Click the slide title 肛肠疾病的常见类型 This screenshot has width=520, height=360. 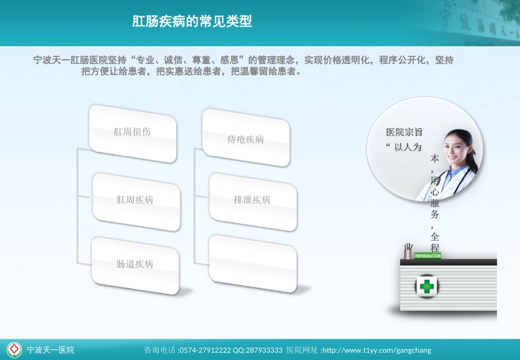pyautogui.click(x=192, y=21)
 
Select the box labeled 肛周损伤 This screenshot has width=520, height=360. pyautogui.click(x=132, y=132)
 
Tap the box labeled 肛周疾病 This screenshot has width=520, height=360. pyautogui.click(x=135, y=200)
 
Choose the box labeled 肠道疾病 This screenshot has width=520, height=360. pyautogui.click(x=135, y=264)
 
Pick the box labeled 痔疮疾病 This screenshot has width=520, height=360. pyautogui.click(x=246, y=139)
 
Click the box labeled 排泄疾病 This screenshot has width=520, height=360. pyautogui.click(x=252, y=200)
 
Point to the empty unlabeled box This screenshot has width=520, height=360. pyautogui.click(x=252, y=263)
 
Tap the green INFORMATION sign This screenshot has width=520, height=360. pyautogui.click(x=427, y=256)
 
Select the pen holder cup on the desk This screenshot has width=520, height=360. pyautogui.click(x=408, y=252)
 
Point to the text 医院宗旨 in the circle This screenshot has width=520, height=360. pyautogui.click(x=405, y=132)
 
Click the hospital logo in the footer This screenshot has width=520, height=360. pyautogui.click(x=14, y=349)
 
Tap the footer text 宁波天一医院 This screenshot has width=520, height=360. pyautogui.click(x=50, y=350)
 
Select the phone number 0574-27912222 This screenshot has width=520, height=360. pyautogui.click(x=205, y=350)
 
